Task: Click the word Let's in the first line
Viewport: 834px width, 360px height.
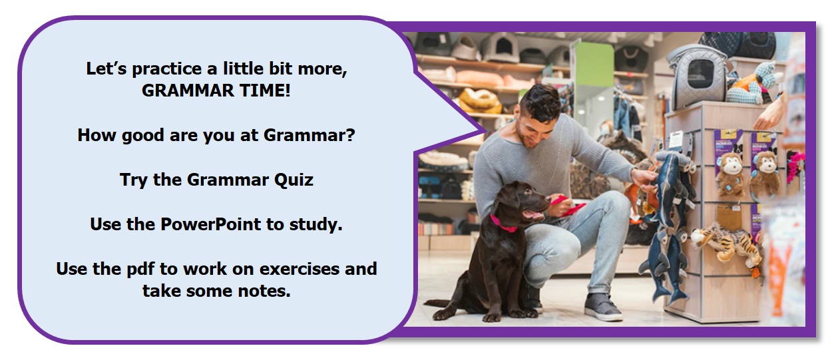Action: pos(106,69)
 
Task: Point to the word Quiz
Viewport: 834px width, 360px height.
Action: pos(294,180)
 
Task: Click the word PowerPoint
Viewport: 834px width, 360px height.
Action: pos(211,224)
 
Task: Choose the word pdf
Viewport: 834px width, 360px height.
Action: pos(140,270)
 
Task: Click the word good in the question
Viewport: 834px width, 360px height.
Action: pos(142,136)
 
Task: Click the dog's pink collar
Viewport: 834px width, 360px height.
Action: pos(503,224)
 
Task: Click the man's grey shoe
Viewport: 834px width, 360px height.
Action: pos(602,307)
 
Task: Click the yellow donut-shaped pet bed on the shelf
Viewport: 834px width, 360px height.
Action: pos(479,100)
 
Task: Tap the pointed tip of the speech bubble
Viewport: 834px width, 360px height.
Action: pos(487,131)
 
